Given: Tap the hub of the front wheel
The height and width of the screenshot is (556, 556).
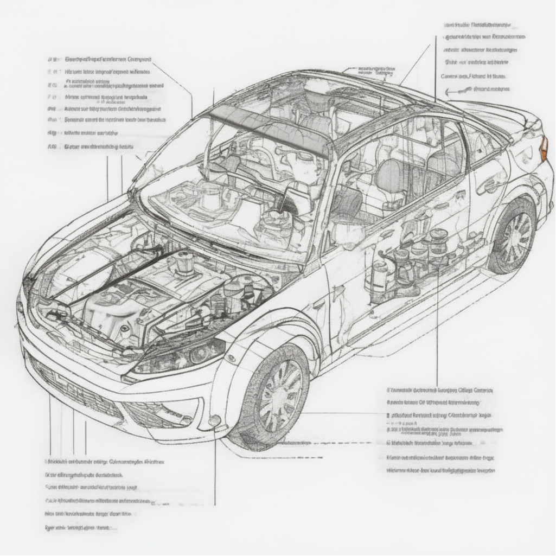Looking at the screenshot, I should coord(280,395).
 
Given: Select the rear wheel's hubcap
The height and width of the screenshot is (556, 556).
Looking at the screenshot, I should coord(513,238).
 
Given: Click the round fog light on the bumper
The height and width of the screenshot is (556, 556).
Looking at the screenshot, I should coord(215,420).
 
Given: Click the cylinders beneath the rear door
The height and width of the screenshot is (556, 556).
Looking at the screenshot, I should coord(412,255).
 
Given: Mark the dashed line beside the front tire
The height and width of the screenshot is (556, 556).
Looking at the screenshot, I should coord(304,443).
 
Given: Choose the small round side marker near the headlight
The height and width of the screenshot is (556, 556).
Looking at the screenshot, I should coord(231,359).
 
